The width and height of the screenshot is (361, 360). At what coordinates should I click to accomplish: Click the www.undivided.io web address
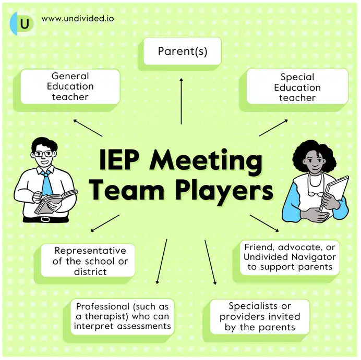78,19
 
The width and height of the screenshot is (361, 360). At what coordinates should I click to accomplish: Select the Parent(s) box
183,52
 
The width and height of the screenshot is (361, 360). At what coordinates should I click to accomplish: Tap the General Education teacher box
70,86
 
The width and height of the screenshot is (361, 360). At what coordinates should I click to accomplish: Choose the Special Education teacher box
297,87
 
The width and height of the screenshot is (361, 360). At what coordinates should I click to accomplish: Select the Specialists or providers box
259,316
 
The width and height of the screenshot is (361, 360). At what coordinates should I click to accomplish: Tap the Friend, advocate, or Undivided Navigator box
290,256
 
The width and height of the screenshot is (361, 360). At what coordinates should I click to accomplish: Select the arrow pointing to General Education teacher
87,128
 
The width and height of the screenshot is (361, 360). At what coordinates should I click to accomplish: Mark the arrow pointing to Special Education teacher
273,128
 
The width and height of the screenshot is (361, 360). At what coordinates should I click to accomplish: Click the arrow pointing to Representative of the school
104,223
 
